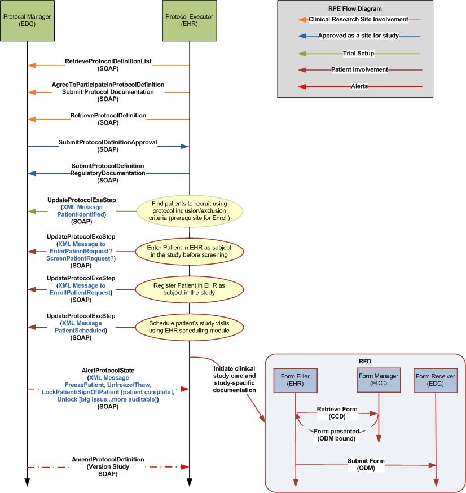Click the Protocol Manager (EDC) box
point(27,21)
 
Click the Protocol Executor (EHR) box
point(189,21)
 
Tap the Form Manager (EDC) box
point(379,380)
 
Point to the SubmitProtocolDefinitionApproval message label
point(108,142)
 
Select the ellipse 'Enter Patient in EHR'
point(189,251)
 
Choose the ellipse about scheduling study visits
point(189,327)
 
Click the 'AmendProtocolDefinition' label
point(108,459)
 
